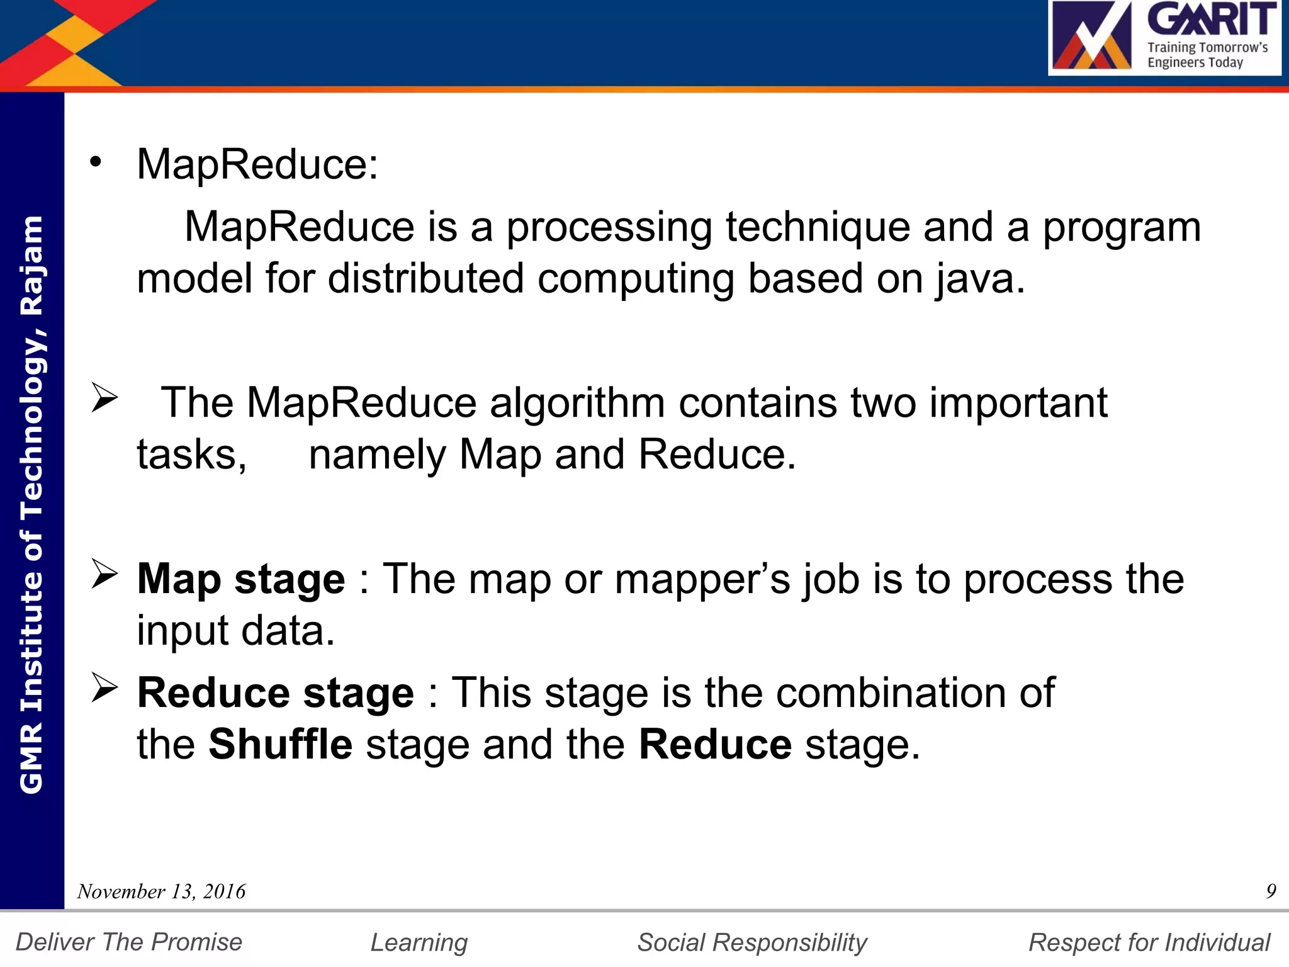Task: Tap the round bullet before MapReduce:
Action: pos(95,162)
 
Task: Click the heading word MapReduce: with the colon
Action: pos(257,165)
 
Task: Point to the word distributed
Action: pos(425,279)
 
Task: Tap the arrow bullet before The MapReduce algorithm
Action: pos(104,397)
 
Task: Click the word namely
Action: pos(377,455)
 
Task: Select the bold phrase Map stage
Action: pos(241,579)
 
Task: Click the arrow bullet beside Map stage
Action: pos(104,574)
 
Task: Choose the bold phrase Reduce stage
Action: pos(276,693)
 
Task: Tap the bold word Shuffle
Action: pos(280,745)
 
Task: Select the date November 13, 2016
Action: pos(161,891)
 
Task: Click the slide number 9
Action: pos(1271,891)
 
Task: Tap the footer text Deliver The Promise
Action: pos(129,942)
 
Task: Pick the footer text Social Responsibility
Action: pos(752,942)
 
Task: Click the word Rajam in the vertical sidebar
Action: pos(31,265)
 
